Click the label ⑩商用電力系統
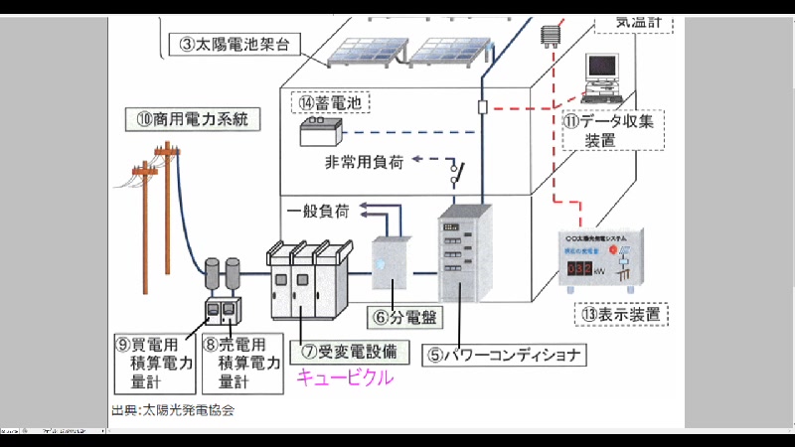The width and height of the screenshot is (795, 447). pos(192,119)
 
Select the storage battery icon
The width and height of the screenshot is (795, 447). pos(324,130)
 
